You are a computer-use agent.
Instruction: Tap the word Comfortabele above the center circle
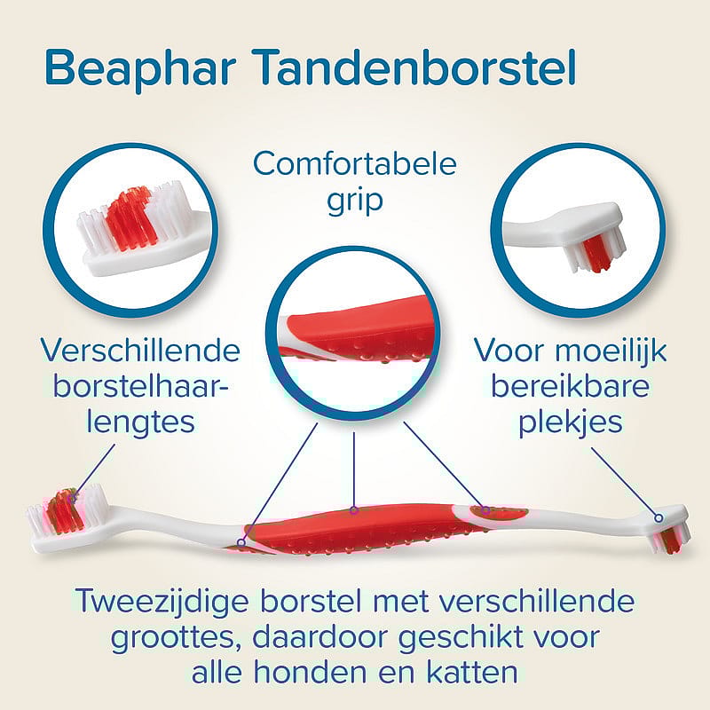pyautogui.click(x=354, y=164)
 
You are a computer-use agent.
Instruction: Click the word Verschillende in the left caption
pyautogui.click(x=141, y=350)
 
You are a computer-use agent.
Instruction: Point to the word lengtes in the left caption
pyautogui.click(x=141, y=420)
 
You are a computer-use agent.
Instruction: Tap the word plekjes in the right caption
pyautogui.click(x=571, y=420)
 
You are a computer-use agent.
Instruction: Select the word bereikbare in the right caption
pyautogui.click(x=571, y=385)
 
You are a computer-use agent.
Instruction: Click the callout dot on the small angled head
pyautogui.click(x=659, y=517)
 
